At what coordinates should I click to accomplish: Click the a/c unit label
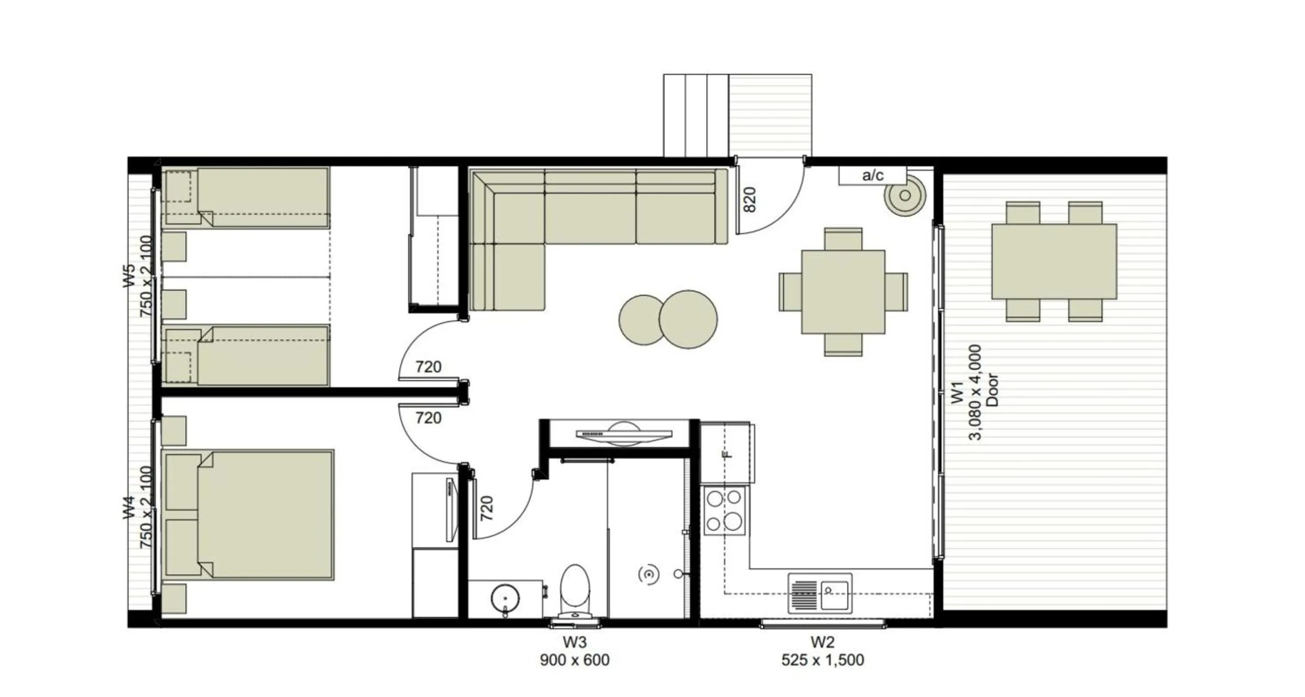tap(872, 176)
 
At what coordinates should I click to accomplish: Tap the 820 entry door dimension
tap(750, 200)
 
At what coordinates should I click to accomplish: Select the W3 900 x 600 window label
tap(575, 651)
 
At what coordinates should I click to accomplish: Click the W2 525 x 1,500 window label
tap(822, 651)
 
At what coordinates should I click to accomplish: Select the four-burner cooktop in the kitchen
tap(724, 510)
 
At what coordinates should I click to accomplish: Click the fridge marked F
tap(727, 452)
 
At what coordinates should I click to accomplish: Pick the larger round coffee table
tap(688, 319)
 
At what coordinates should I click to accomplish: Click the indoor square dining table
tap(843, 292)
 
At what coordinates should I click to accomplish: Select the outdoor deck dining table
tap(1054, 261)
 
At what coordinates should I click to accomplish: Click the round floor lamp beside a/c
tap(905, 195)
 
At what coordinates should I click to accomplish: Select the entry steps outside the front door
tap(696, 115)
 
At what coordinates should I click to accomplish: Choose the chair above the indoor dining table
tap(843, 238)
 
